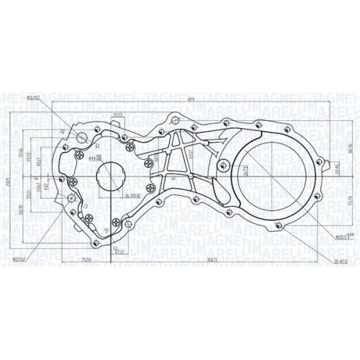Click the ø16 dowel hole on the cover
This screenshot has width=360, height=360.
(x=82, y=136)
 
